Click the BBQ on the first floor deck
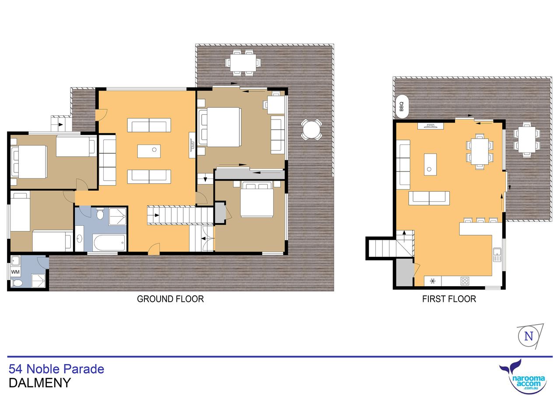point(402,106)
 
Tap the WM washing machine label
point(15,272)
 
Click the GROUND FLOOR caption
point(170,299)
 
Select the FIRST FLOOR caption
point(449,299)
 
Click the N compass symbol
point(528,336)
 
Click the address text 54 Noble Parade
point(56,369)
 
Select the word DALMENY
point(40,383)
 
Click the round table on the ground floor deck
point(311,130)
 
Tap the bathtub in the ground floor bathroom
point(109,242)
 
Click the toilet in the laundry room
point(17,283)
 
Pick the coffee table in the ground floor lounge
point(149,151)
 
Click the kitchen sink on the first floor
point(497,255)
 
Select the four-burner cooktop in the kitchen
point(465,281)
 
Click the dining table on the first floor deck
point(527,140)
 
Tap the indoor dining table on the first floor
point(480,151)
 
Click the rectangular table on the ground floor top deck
point(243,63)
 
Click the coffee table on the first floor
point(430,165)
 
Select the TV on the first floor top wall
point(430,126)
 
